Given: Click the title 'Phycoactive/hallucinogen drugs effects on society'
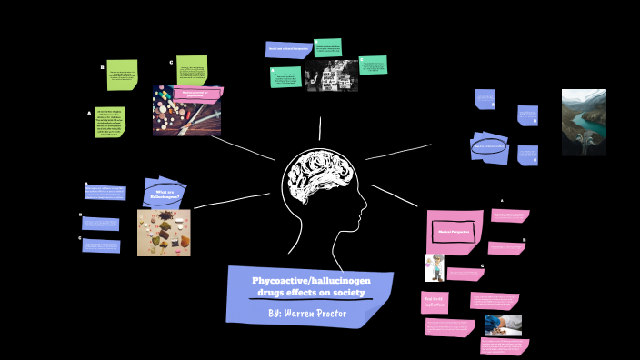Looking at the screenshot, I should [x=311, y=286].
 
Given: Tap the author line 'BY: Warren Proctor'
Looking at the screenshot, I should [x=308, y=313].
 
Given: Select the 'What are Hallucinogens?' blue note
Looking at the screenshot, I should [x=164, y=194].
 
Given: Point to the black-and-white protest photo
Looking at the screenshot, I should [x=332, y=77].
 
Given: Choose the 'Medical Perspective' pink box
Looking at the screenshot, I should [x=453, y=232].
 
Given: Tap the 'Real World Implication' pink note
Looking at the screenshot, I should [x=435, y=302].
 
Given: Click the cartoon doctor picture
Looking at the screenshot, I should [x=435, y=267].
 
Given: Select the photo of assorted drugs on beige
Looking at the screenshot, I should [x=164, y=233].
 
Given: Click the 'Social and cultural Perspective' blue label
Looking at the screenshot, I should [x=288, y=49].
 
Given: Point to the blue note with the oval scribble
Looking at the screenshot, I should [x=490, y=146].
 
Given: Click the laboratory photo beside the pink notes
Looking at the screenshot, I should [x=503, y=325].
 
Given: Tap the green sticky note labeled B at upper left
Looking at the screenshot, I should [x=122, y=75].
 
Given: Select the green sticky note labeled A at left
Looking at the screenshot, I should [x=110, y=122].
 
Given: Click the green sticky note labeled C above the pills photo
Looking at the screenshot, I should [x=192, y=69].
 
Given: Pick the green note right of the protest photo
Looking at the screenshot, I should [x=373, y=65].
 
